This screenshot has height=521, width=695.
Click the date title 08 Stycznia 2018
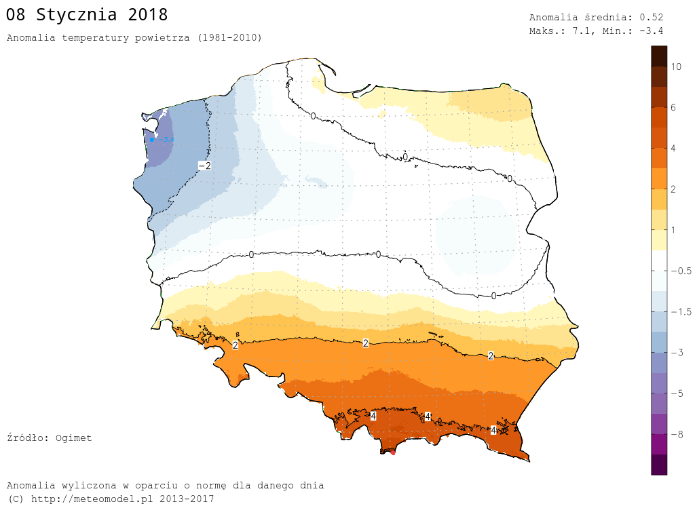pos(87,15)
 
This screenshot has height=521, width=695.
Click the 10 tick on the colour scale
pos(676,66)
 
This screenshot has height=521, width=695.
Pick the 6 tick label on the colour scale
pos(673,107)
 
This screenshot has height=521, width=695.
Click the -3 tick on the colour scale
pos(676,353)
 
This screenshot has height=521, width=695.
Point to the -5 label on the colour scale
pos(676,393)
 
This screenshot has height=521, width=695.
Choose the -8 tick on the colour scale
pos(676,434)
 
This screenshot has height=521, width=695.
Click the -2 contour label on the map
pos(204,166)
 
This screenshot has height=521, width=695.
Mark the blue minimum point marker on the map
pos(152,140)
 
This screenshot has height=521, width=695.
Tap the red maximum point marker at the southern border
pos(392,452)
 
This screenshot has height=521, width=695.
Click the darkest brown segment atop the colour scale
pos(658,56)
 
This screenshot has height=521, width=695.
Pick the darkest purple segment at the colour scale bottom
pos(658,465)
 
